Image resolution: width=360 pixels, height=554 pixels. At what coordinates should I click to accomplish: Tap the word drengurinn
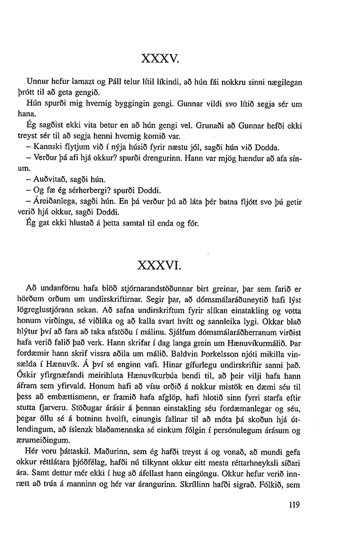click(148, 157)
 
